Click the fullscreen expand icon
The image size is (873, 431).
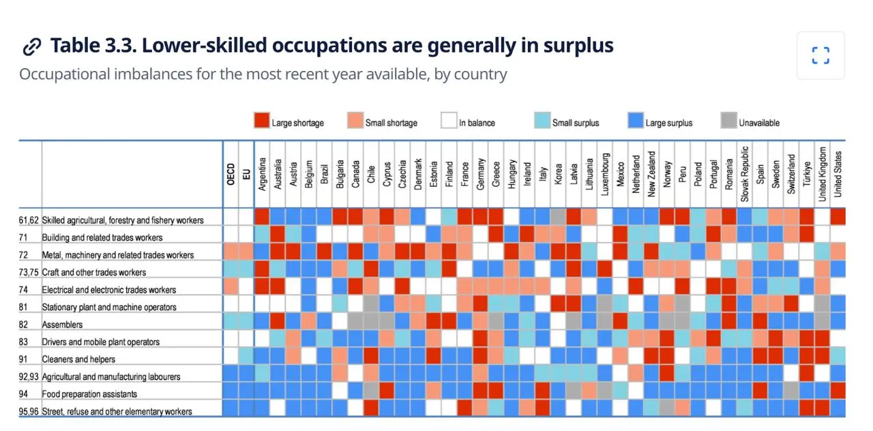(x=820, y=55)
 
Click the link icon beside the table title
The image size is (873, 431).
(x=32, y=47)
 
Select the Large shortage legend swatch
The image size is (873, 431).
(x=261, y=121)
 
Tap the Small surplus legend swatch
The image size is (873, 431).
(x=542, y=121)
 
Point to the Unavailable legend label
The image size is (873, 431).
(x=759, y=123)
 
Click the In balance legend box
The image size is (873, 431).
(x=449, y=121)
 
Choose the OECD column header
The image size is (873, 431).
(x=231, y=174)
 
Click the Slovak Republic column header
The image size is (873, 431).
(x=744, y=174)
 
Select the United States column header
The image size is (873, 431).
(x=838, y=174)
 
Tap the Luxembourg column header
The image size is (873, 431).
(x=604, y=174)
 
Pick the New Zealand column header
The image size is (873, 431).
(x=651, y=174)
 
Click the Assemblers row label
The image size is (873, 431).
(x=62, y=325)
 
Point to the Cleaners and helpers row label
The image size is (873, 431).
(x=78, y=359)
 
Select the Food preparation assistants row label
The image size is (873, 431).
(x=89, y=394)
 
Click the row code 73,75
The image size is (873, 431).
(x=29, y=272)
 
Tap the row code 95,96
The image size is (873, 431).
(x=29, y=411)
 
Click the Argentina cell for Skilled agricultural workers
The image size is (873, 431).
(x=262, y=217)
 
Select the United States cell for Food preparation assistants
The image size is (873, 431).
(x=838, y=391)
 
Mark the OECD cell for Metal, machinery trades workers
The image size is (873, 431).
(x=231, y=252)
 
